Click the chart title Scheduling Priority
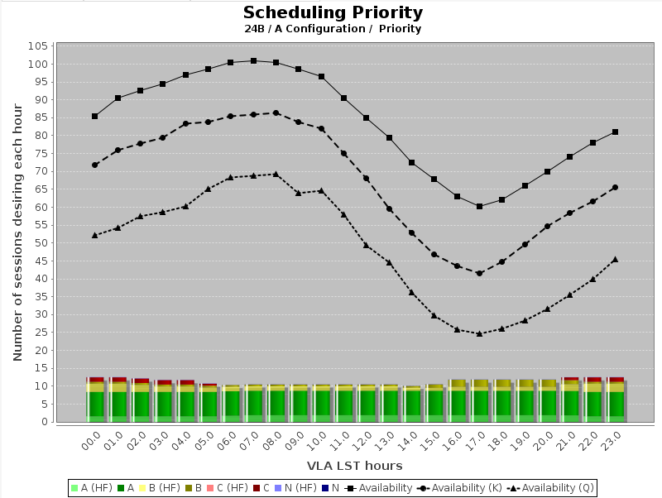pos(333,12)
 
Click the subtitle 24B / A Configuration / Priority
pos(333,29)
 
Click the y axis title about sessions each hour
pos(17,233)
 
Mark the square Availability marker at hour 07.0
pos(253,60)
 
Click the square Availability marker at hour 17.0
pos(479,206)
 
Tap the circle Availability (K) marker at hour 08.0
pos(276,113)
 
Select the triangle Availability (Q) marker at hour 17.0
pos(479,333)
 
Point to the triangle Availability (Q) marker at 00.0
pos(95,235)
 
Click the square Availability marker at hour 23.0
pos(615,132)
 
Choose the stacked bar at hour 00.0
pos(95,400)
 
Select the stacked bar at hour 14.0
pos(411,404)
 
